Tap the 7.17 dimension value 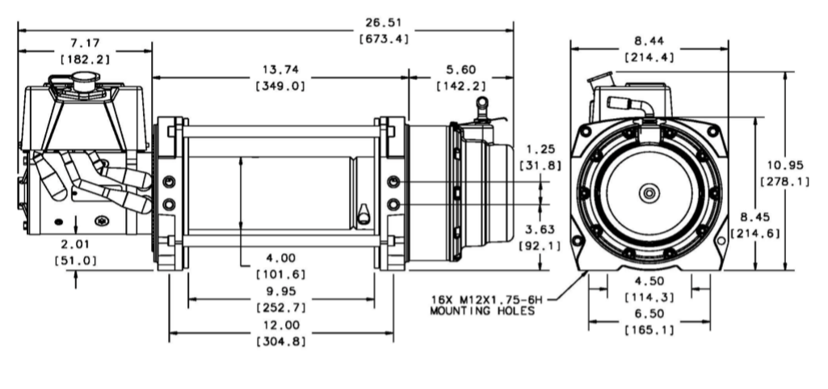[x=85, y=43]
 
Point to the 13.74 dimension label [x=280, y=70]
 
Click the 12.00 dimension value [x=280, y=325]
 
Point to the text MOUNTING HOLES [x=481, y=311]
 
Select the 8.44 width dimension [x=649, y=41]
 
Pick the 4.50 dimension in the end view [x=649, y=282]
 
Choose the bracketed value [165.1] [x=649, y=330]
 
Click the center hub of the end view [x=649, y=193]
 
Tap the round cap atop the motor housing [x=83, y=79]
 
